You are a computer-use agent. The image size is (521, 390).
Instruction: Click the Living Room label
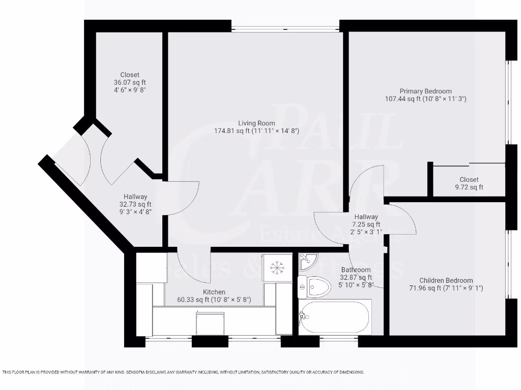256,123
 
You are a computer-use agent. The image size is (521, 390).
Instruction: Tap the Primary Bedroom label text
425,91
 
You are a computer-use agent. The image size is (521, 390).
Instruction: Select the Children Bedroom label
446,280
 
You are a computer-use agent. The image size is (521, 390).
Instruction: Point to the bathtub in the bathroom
335,316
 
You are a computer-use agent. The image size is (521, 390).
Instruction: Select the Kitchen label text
214,292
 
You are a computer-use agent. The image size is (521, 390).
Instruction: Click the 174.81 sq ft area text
256,131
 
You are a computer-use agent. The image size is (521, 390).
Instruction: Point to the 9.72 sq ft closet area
469,187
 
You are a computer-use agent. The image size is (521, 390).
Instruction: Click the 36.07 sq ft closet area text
130,82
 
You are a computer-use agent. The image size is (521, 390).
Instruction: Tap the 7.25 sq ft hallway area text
366,224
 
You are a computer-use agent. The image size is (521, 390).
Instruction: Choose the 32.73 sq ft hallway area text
135,204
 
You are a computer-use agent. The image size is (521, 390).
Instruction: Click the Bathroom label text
356,270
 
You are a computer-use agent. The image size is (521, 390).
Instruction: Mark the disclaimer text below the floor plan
183,372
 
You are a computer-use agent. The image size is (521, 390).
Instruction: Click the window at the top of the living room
285,26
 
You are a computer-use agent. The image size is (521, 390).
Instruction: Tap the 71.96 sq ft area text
446,288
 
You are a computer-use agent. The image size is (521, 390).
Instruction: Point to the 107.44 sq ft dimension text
425,99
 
